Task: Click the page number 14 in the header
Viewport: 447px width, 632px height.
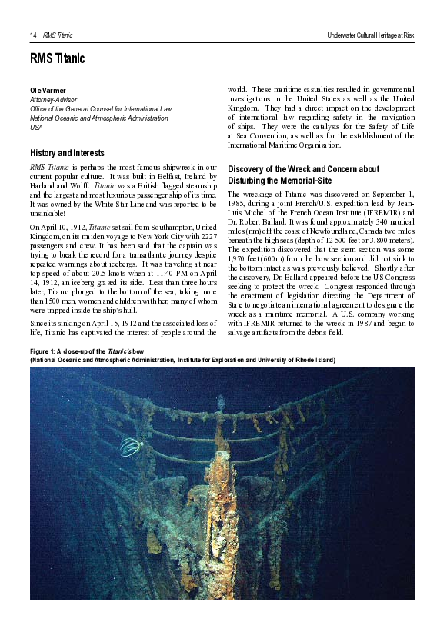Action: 33,35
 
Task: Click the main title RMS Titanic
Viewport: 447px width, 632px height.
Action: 58,58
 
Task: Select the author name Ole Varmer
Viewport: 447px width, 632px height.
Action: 48,91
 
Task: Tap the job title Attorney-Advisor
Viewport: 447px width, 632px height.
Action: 54,100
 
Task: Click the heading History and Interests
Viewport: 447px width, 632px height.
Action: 67,153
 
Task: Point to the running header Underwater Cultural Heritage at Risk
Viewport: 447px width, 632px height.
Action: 370,35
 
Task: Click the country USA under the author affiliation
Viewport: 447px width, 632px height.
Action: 36,127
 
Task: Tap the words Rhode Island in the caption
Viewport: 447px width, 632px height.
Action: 313,360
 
